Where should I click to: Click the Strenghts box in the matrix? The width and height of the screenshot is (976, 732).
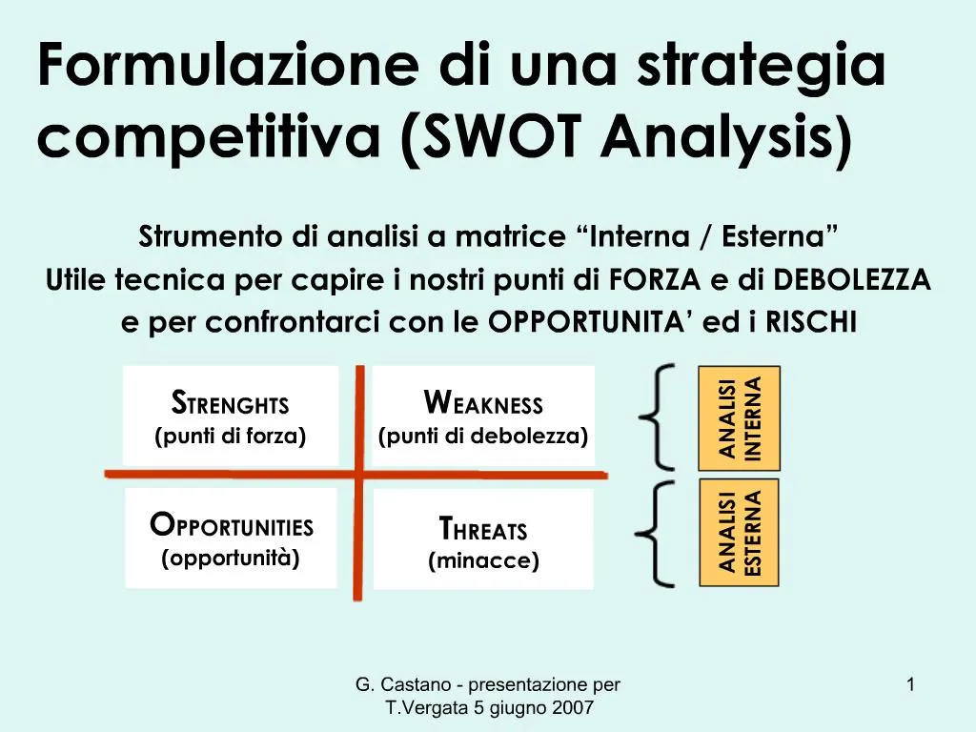pos(231,416)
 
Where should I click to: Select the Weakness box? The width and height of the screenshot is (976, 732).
pos(483,416)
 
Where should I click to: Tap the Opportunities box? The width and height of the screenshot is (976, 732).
pos(231,538)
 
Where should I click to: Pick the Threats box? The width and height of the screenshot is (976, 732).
pos(483,539)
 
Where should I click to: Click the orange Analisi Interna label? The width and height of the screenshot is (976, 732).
pos(739,418)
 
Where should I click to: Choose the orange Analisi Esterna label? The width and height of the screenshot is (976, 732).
pos(739,533)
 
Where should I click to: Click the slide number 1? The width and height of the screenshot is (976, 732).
pos(911,684)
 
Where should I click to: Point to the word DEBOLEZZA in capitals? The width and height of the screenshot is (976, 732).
pos(852,279)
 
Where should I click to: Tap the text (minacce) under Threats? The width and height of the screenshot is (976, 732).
pos(483,561)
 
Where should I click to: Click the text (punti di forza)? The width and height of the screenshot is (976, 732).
pos(231,437)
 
